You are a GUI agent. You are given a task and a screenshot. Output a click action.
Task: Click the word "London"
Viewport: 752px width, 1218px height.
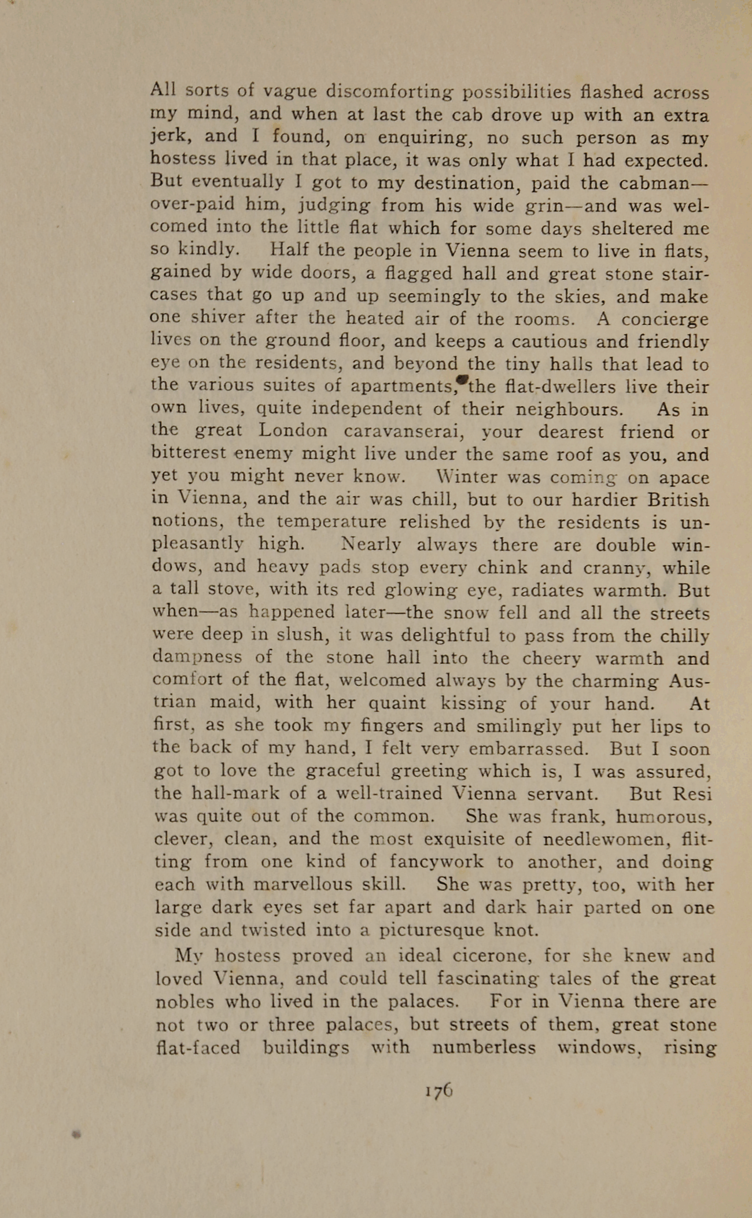pyautogui.click(x=293, y=431)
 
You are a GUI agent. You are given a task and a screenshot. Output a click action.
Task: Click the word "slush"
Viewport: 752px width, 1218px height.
pyautogui.click(x=298, y=635)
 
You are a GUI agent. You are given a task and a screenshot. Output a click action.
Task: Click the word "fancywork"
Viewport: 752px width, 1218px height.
pyautogui.click(x=436, y=862)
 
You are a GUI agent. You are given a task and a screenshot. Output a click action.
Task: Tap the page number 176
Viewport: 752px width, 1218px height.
pyautogui.click(x=438, y=1091)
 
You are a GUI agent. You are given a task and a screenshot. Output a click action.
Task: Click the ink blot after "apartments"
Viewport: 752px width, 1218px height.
pyautogui.click(x=461, y=379)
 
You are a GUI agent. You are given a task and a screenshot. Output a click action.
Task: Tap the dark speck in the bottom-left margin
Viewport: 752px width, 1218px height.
pyautogui.click(x=75, y=1135)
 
